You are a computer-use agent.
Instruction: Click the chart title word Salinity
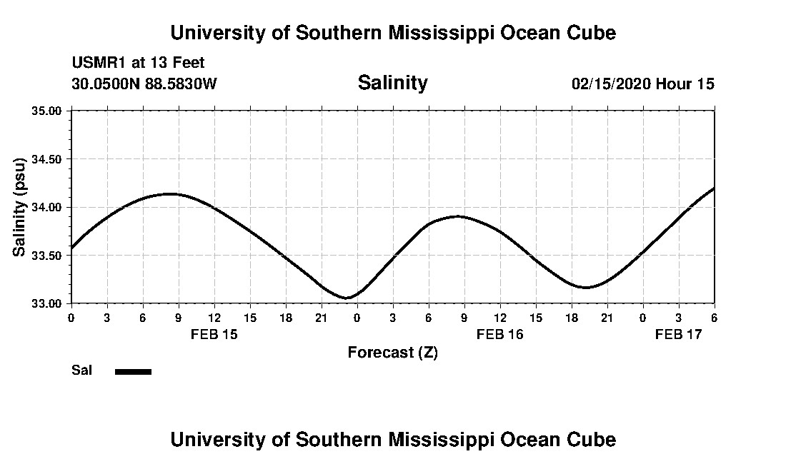pyautogui.click(x=392, y=83)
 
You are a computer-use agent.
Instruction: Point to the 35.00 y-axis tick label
pyautogui.click(x=47, y=111)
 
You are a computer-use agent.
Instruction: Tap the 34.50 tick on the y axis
pyautogui.click(x=47, y=159)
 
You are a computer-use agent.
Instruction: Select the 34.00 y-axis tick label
pyautogui.click(x=47, y=207)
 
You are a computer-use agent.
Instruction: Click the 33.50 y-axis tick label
pyautogui.click(x=47, y=256)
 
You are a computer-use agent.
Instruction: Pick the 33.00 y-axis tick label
pyautogui.click(x=47, y=303)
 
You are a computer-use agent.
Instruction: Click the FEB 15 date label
pyautogui.click(x=214, y=334)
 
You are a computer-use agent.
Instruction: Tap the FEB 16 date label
pyautogui.click(x=500, y=334)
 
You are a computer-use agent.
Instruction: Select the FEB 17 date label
pyautogui.click(x=679, y=334)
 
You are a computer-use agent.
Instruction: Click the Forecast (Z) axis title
pyautogui.click(x=392, y=353)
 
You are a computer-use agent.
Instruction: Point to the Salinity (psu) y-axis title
pyautogui.click(x=19, y=207)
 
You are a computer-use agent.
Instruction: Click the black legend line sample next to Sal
pyautogui.click(x=133, y=371)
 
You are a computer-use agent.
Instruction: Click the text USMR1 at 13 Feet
pyautogui.click(x=138, y=63)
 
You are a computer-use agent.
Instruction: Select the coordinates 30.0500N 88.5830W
pyautogui.click(x=144, y=84)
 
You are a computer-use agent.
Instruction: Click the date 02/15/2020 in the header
pyautogui.click(x=611, y=84)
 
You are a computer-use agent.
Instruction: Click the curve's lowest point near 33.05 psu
pyautogui.click(x=347, y=298)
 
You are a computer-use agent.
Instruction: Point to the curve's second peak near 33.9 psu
pyautogui.click(x=457, y=216)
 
